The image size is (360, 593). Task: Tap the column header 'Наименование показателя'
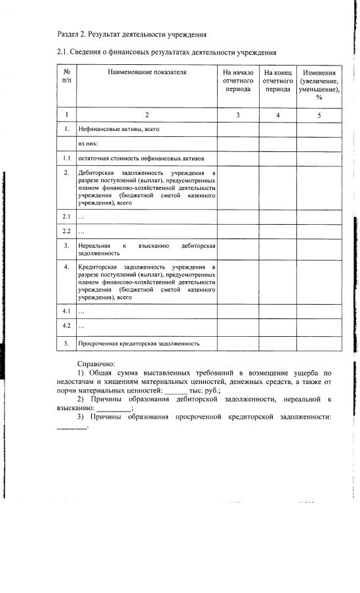147,73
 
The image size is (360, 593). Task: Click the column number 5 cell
319,115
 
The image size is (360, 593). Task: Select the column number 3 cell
237,115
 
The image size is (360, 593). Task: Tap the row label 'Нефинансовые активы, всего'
119,130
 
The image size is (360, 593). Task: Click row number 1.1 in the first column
67,159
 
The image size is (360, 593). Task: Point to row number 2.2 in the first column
67,231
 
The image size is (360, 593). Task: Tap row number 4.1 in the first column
67,311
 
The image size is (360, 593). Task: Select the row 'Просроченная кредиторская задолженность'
138,343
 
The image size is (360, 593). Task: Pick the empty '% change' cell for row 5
319,343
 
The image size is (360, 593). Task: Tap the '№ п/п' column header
67,77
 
